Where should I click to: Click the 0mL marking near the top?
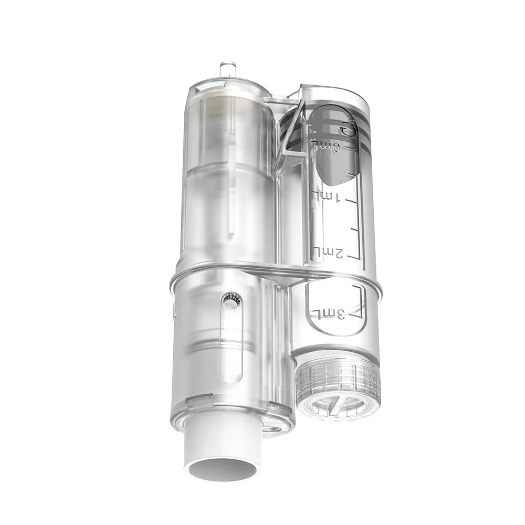point(326,142)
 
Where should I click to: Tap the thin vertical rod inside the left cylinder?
point(231,178)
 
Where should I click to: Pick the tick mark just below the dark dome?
point(355,178)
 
